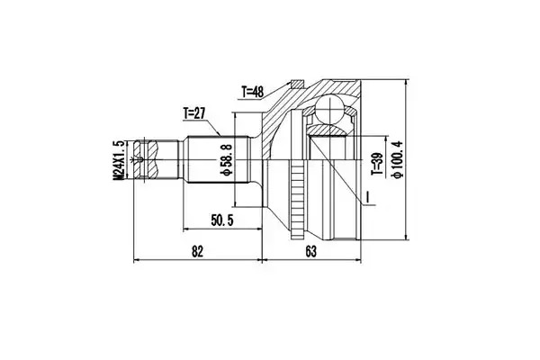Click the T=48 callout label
pos(252,92)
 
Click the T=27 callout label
pos(193,113)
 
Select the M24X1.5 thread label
pos(119,160)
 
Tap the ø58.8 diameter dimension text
pos(227,160)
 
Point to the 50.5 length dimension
pos(221,220)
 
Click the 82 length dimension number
pos(197,251)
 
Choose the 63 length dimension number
pos(310,251)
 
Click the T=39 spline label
pos(377,164)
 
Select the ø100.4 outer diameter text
pos(397,159)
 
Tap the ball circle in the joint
pos(330,109)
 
